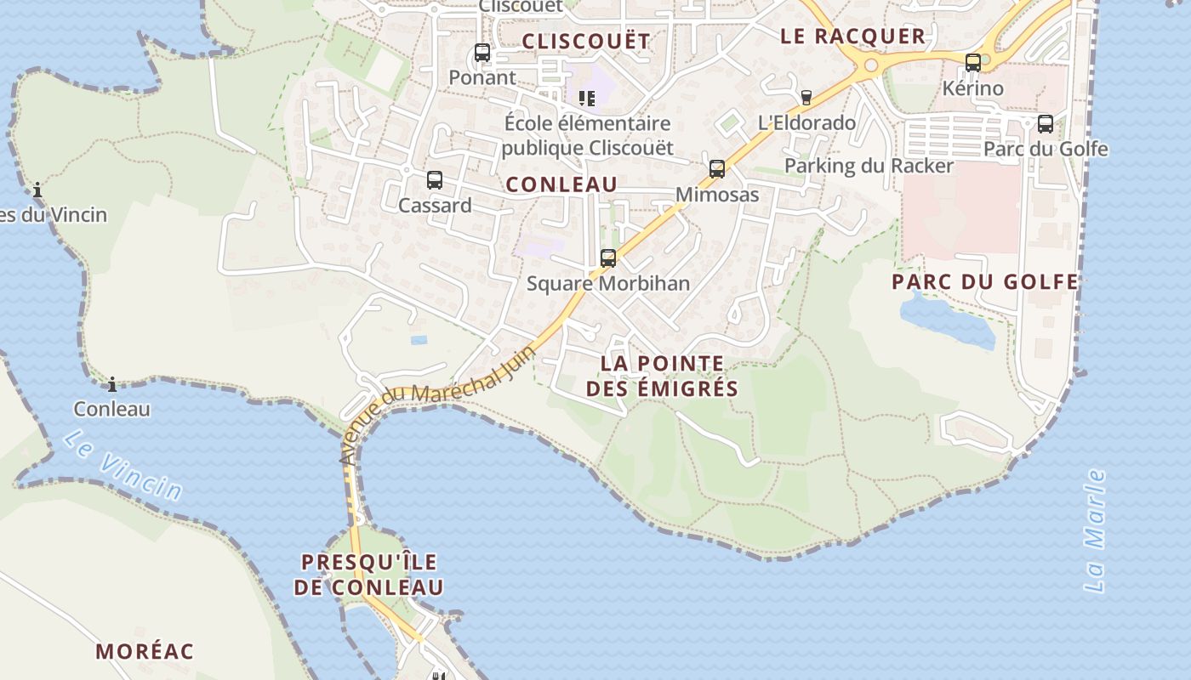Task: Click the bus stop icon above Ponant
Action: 482,53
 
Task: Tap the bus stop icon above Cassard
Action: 435,180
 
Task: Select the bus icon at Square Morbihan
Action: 608,258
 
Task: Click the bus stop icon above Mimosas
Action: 717,169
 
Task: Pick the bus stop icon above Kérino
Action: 972,62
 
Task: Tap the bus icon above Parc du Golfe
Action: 1046,124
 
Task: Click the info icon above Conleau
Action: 111,384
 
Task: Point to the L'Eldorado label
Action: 806,122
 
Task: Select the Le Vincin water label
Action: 122,465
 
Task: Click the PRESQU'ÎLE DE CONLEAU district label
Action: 369,575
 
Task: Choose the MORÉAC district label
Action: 145,652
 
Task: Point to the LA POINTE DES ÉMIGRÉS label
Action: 662,376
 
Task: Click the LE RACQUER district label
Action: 852,36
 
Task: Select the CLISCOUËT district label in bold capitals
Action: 585,41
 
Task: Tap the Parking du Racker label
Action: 869,165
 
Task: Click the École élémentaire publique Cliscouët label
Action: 587,135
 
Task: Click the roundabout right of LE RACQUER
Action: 870,65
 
